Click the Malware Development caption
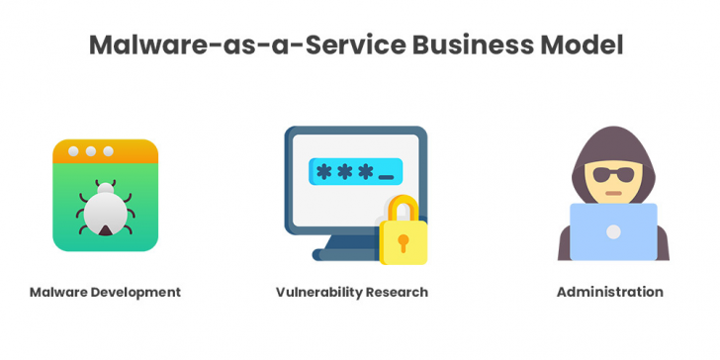tap(105, 292)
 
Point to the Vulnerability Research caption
tap(352, 292)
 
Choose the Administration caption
tap(609, 292)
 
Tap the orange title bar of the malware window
tap(105, 151)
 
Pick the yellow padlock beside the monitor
tap(404, 235)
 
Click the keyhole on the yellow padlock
tap(404, 242)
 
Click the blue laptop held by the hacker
tap(612, 231)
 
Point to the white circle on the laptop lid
tap(613, 231)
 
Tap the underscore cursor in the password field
tap(386, 178)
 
